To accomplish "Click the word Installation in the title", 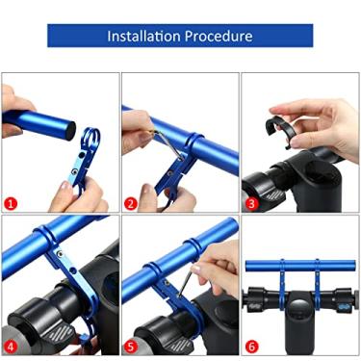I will [143, 37].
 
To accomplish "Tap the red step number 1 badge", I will [12, 203].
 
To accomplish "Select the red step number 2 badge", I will [131, 203].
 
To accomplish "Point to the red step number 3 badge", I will [251, 203].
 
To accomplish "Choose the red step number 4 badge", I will [12, 344].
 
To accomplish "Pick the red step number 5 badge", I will [131, 344].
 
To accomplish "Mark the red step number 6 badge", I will [251, 344].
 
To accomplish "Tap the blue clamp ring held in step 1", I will [90, 145].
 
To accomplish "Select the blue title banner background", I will [77, 37].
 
